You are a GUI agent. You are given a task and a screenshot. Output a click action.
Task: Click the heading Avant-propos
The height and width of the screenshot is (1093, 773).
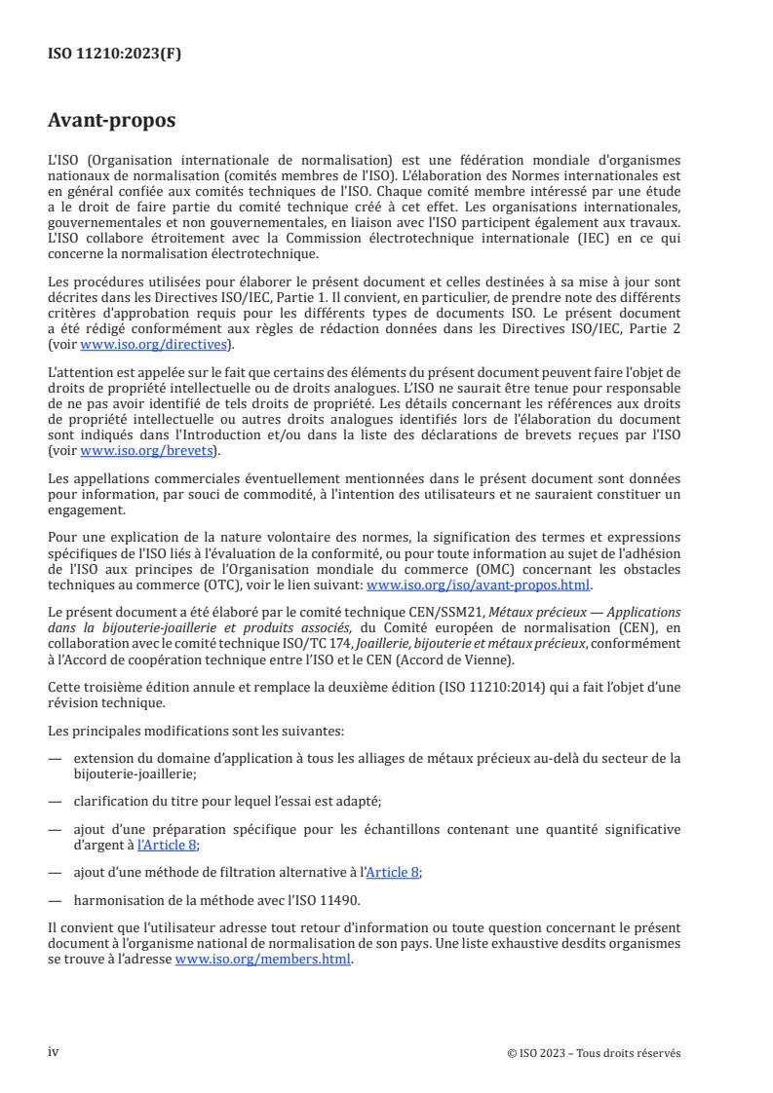click(x=112, y=122)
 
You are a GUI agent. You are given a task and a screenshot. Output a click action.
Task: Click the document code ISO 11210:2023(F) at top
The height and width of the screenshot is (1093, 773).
click(x=114, y=55)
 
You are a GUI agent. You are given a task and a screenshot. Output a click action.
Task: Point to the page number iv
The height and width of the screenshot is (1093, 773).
click(x=55, y=1052)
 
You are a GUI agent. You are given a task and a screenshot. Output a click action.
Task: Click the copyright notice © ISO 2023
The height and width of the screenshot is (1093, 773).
click(x=594, y=1053)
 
